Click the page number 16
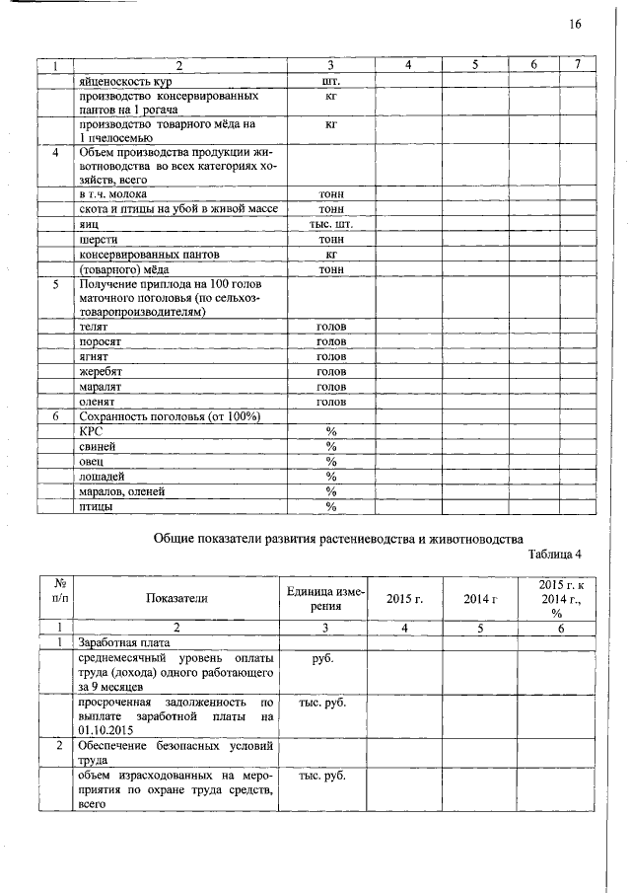click(x=576, y=24)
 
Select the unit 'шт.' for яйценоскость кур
click(x=331, y=81)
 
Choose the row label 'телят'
click(x=94, y=326)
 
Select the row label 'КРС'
click(x=91, y=431)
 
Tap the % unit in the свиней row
click(x=331, y=447)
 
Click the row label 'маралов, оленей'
click(x=122, y=491)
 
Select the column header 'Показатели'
click(x=177, y=598)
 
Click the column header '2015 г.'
click(x=404, y=599)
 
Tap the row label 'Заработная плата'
click(x=126, y=642)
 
